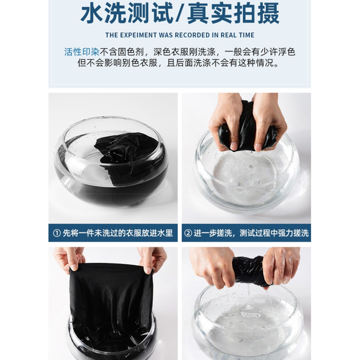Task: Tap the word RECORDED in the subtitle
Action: click(x=192, y=35)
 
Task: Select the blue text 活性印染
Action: click(x=82, y=52)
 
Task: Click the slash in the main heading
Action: click(x=180, y=13)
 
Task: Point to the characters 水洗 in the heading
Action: click(x=103, y=13)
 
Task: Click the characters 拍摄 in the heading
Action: click(x=257, y=13)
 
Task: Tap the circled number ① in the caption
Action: click(x=57, y=233)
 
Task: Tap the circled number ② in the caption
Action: click(x=188, y=233)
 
